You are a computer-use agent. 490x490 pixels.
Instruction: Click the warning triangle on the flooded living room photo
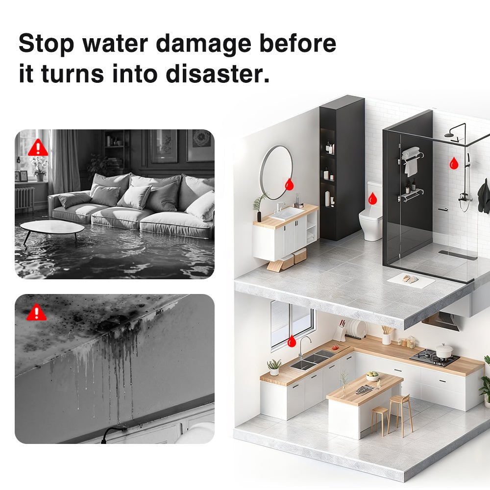click(x=38, y=147)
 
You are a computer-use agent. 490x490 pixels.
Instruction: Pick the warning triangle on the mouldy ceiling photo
click(x=36, y=312)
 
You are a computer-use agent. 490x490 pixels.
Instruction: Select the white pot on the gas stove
click(x=444, y=351)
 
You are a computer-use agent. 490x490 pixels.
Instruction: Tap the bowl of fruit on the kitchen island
click(x=373, y=376)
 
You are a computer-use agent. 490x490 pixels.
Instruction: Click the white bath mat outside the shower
click(x=411, y=280)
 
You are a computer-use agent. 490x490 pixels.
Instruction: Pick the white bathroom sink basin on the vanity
click(x=287, y=212)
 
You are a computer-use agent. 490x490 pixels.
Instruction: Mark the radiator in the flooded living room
click(x=24, y=197)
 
